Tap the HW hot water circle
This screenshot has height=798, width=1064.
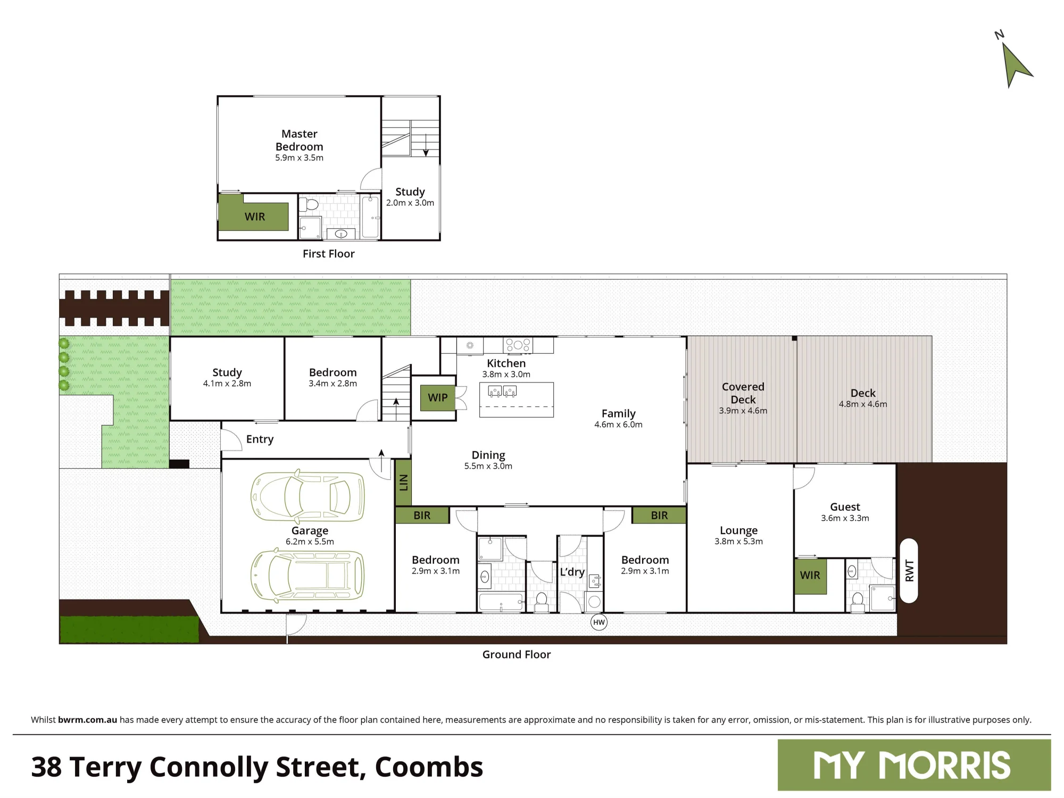(599, 622)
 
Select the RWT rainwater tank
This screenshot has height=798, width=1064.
(909, 571)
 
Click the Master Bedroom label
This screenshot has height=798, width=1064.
(300, 140)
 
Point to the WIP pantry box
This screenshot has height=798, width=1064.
(438, 397)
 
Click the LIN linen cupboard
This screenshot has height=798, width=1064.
(403, 483)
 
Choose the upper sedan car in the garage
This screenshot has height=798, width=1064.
(307, 496)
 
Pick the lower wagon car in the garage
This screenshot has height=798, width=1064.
(307, 576)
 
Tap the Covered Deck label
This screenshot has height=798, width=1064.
(743, 393)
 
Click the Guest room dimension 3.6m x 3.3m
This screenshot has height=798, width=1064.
(845, 518)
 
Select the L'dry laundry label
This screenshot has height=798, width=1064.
(572, 572)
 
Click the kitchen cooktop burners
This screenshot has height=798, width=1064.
(518, 345)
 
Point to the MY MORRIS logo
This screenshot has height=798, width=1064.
(914, 765)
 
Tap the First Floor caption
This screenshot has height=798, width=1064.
(329, 254)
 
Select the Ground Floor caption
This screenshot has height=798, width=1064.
(517, 654)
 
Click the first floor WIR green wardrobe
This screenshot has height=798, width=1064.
(254, 213)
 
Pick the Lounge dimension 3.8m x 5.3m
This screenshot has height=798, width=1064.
(738, 542)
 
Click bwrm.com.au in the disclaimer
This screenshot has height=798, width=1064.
(87, 720)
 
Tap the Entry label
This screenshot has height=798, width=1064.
(260, 439)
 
